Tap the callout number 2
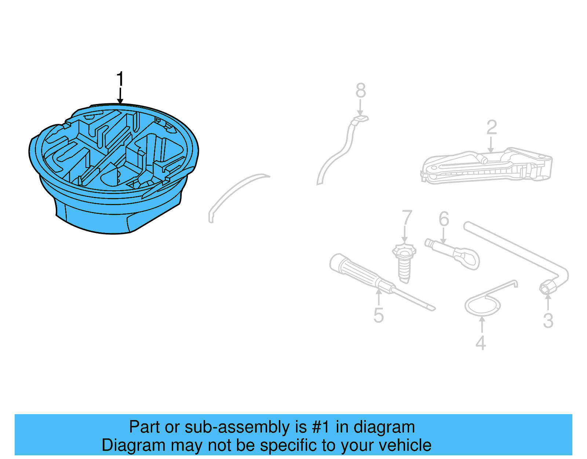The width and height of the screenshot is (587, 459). [492, 128]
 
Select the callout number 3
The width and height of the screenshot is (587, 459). [548, 321]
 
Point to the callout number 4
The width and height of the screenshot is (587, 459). [481, 343]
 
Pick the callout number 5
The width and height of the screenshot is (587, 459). [379, 316]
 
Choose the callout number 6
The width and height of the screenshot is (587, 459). [444, 219]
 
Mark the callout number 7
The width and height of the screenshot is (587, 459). [407, 218]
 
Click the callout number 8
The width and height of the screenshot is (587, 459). [361, 90]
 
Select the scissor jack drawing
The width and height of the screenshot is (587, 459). [486, 167]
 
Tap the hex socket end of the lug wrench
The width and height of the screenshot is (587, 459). [547, 288]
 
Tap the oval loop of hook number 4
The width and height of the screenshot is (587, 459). [482, 306]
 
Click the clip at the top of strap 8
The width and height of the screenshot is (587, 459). [361, 119]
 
